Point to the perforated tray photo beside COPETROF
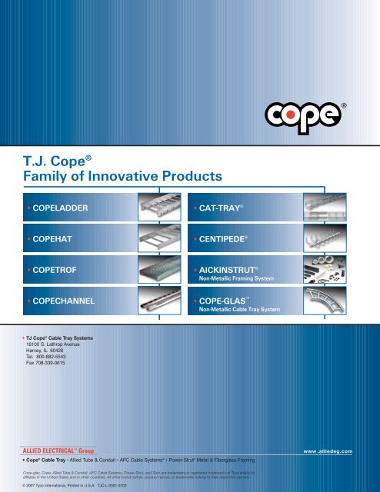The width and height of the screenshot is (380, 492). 158,271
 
